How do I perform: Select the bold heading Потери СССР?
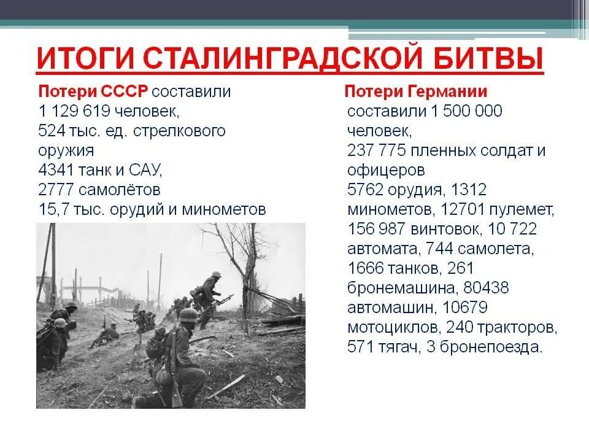pos(93,91)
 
